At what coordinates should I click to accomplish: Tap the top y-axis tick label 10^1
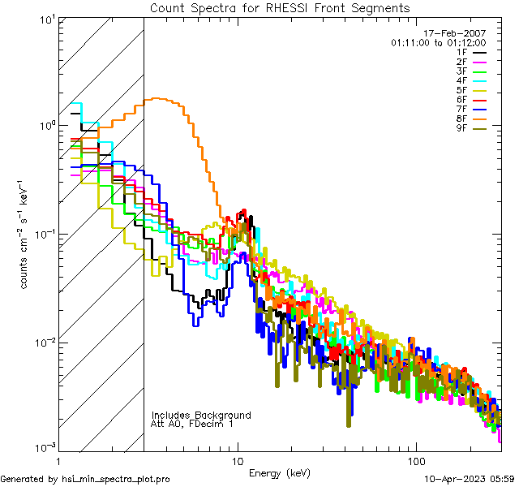[x=46, y=19]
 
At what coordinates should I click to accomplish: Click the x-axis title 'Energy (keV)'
[x=278, y=472]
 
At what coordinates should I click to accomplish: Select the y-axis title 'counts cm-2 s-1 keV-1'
[x=28, y=234]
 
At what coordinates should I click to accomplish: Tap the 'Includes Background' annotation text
[x=201, y=415]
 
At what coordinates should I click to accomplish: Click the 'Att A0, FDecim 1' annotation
[x=193, y=424]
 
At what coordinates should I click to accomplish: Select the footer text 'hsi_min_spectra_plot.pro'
[x=116, y=479]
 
